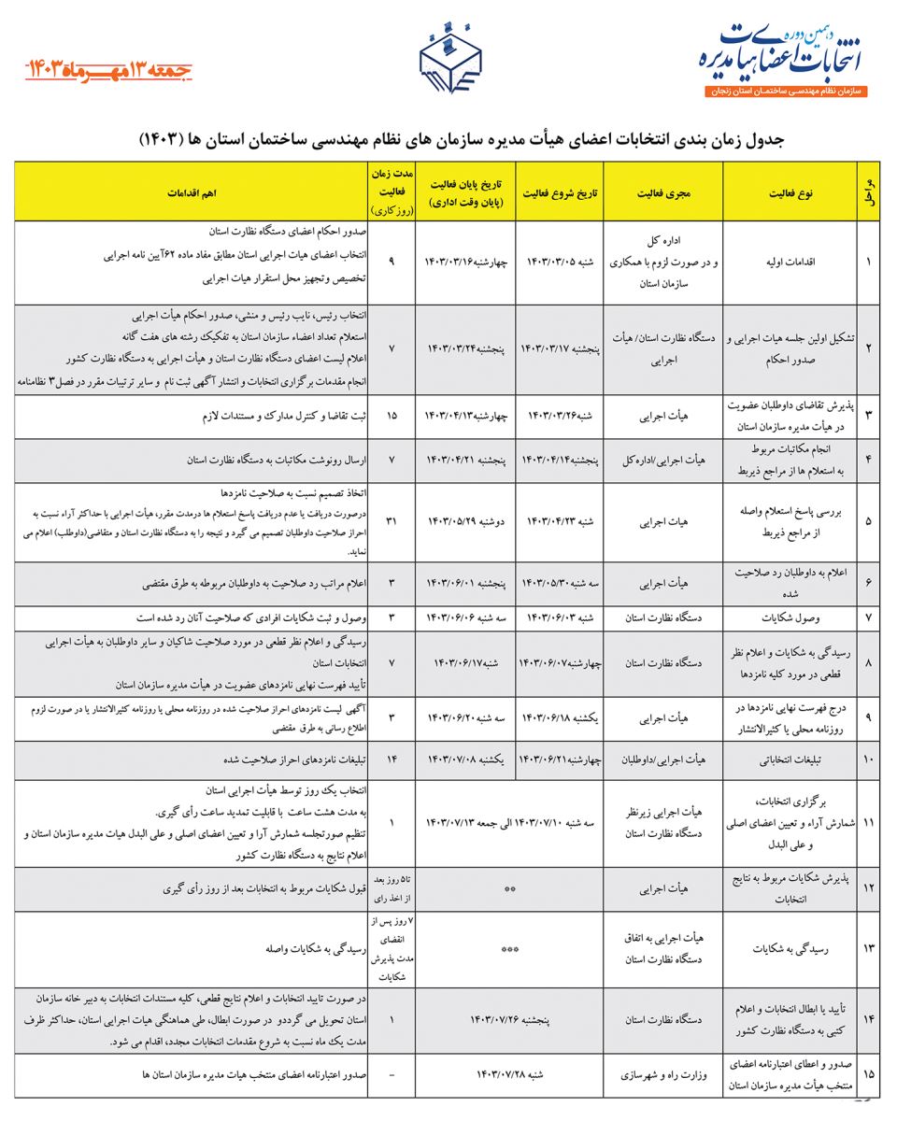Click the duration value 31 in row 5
392,520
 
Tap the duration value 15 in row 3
392,415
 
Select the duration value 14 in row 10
392,761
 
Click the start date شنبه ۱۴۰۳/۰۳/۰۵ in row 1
561,263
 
